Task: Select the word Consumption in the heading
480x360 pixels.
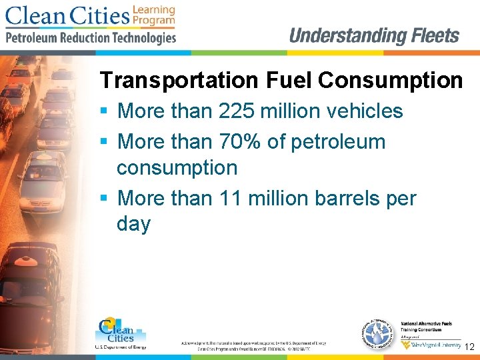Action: (x=391, y=81)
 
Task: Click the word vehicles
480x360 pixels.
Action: (x=363, y=111)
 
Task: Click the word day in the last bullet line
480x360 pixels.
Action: (x=133, y=224)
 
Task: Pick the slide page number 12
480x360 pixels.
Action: (x=469, y=347)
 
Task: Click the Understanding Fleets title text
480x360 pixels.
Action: (x=374, y=35)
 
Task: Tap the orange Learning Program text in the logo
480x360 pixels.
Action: (x=153, y=15)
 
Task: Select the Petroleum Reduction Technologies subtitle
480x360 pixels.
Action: (x=91, y=38)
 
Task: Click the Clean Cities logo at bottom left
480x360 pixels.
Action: (x=120, y=332)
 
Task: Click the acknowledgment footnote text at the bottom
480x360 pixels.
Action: (x=253, y=345)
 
